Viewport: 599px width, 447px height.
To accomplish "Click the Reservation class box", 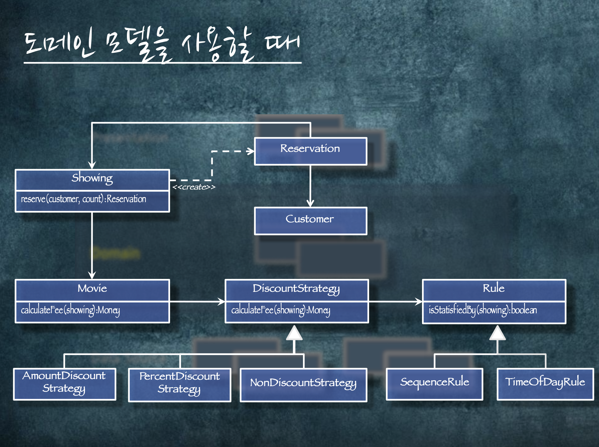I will point(311,151).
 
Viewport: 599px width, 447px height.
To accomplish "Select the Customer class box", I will point(311,221).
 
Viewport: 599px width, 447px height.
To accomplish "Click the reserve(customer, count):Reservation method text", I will point(83,199).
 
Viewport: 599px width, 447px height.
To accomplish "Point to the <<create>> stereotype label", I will point(194,187).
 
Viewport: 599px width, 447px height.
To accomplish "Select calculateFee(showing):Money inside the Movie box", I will point(70,310).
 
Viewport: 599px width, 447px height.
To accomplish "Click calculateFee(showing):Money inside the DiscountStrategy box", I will point(281,310).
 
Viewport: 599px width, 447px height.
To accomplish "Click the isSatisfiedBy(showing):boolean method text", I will point(483,310).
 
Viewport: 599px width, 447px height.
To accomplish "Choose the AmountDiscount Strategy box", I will point(65,383).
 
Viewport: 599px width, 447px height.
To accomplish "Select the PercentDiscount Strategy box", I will point(180,384).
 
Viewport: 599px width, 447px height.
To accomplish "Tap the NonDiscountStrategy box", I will point(303,384).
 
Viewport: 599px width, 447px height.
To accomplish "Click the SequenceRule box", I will point(435,383).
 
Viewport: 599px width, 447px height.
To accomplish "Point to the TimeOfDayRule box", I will point(545,383).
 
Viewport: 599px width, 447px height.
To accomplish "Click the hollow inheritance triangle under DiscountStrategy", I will point(294,334).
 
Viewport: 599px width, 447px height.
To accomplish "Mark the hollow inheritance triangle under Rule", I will point(497,334).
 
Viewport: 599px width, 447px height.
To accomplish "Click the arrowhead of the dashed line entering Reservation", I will point(251,151).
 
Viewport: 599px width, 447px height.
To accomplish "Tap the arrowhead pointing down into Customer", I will point(311,203).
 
